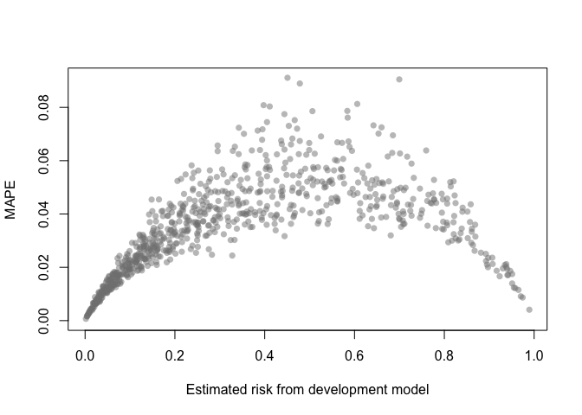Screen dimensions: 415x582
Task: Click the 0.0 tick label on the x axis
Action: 85,355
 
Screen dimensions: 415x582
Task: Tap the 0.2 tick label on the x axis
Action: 175,355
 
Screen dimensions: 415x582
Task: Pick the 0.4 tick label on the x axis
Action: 264,355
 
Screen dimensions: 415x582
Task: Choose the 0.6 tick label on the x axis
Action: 354,355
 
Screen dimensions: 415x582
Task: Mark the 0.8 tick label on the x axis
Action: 444,355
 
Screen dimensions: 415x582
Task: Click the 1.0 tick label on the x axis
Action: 533,355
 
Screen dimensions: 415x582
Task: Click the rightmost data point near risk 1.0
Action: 528,310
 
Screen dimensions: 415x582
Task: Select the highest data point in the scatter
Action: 288,78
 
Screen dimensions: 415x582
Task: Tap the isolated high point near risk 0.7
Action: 399,80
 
